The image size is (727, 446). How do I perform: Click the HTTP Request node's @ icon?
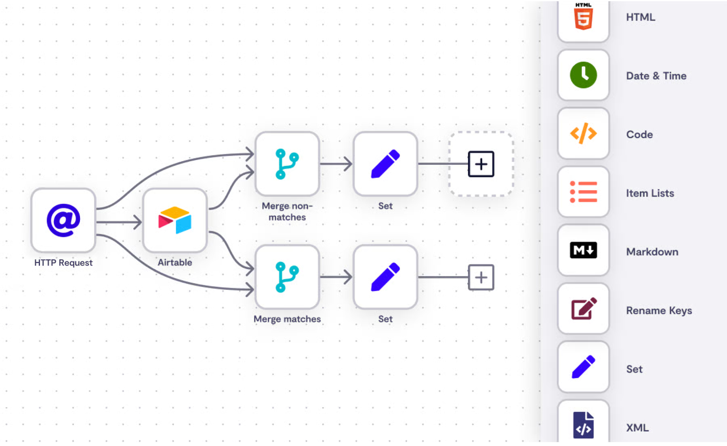click(63, 220)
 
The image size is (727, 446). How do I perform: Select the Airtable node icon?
click(175, 220)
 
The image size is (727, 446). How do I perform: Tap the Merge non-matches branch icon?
click(287, 164)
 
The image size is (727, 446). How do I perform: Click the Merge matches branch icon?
click(287, 277)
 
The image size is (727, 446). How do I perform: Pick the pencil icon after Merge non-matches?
click(385, 164)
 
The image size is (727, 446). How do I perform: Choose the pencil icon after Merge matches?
click(385, 277)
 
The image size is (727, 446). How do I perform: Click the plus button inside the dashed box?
click(481, 164)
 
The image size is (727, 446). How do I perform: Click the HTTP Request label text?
click(63, 263)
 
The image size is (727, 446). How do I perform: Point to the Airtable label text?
click(175, 263)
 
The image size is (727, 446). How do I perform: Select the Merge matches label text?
click(287, 319)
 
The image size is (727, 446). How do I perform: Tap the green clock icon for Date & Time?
click(583, 75)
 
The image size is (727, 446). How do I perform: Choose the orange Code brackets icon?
click(583, 134)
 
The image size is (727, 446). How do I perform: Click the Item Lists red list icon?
click(583, 192)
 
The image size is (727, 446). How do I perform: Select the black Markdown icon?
click(583, 250)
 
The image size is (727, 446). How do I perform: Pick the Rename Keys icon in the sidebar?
click(583, 309)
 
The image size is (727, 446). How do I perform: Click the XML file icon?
click(583, 425)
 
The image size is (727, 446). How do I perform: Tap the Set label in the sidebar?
click(634, 369)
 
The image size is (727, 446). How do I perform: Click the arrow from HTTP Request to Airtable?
click(119, 222)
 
